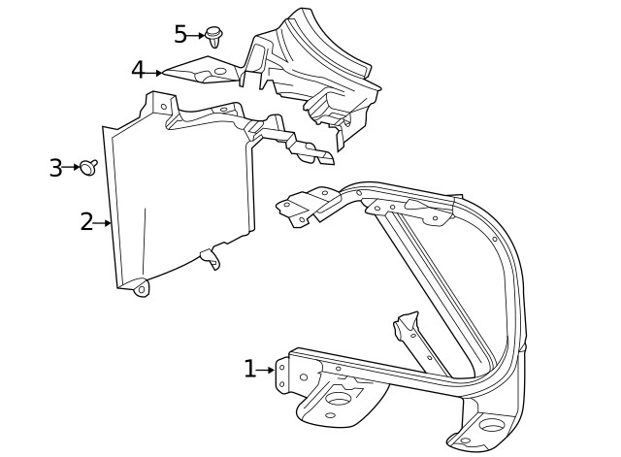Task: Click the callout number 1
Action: point(249,369)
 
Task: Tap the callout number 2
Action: point(86,222)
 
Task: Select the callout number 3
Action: point(56,168)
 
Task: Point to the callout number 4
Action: point(138,71)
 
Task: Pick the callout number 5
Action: point(180,35)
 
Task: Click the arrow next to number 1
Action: point(266,370)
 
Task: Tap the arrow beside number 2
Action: point(103,223)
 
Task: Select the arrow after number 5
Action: point(197,35)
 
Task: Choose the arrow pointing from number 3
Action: point(73,168)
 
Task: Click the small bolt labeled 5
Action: point(214,37)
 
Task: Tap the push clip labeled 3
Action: point(88,168)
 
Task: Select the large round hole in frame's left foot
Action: point(341,397)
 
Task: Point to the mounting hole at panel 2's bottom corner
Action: point(142,288)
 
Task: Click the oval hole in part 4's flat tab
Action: point(219,71)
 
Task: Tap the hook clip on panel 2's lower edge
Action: point(210,258)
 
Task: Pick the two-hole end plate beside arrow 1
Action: point(282,375)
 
